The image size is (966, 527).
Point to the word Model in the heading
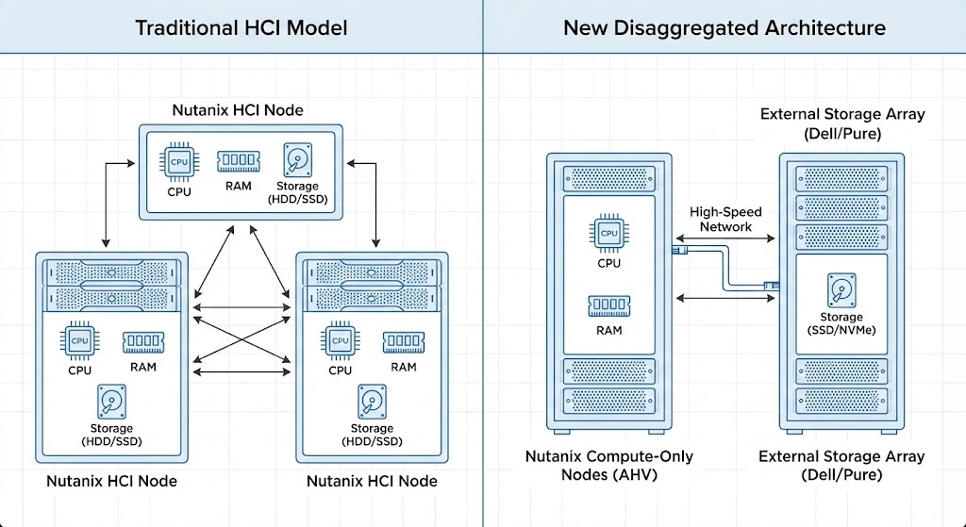[320, 26]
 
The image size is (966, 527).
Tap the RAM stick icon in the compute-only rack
[608, 305]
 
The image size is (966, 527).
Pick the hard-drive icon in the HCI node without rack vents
[299, 159]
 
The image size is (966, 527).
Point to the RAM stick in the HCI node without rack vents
[239, 160]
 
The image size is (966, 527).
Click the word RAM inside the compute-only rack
[608, 330]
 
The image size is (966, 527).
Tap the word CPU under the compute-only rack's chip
[608, 263]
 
